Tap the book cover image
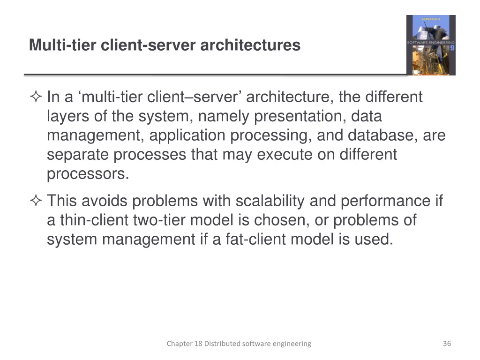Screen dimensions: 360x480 (431, 45)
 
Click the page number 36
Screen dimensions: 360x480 (447, 344)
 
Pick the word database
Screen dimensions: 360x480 (382, 135)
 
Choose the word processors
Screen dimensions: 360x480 (88, 174)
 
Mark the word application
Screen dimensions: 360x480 (188, 135)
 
